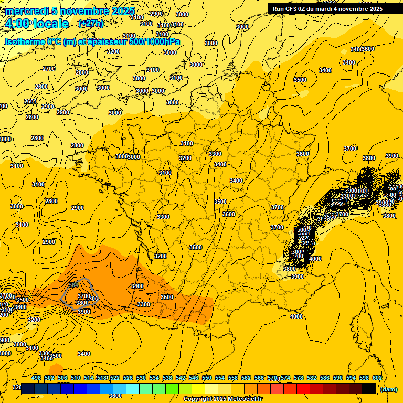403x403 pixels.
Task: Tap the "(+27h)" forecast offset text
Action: pos(91,24)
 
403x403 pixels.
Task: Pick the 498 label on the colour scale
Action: pos(36,378)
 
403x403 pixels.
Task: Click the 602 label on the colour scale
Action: pos(377,378)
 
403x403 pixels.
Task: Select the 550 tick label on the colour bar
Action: pos(207,378)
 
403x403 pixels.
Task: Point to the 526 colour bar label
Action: pos(128,378)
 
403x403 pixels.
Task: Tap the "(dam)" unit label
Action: pos(389,389)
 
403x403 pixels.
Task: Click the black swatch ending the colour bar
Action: pos(369,389)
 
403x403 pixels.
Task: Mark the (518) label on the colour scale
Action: pos(102,378)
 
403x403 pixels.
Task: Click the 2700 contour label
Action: pos(49,69)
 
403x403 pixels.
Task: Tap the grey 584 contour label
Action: pos(73,284)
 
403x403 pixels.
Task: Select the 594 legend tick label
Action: pos(351,378)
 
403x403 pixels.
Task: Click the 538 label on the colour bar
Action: pos(167,378)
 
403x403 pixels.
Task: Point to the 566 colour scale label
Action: pos(259,378)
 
